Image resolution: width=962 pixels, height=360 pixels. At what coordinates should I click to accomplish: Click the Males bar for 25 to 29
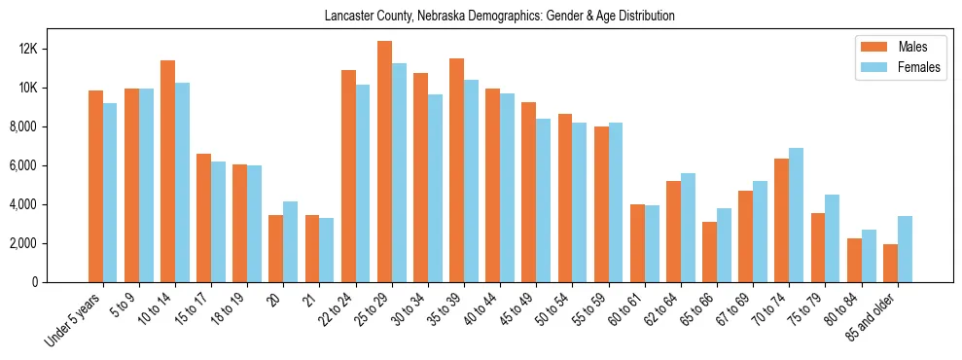pos(384,162)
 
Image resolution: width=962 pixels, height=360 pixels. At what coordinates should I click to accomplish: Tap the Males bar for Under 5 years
pos(95,186)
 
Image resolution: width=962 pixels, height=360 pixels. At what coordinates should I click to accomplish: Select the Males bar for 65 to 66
pos(709,252)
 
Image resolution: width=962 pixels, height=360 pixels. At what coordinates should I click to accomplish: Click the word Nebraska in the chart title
pos(432,17)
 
